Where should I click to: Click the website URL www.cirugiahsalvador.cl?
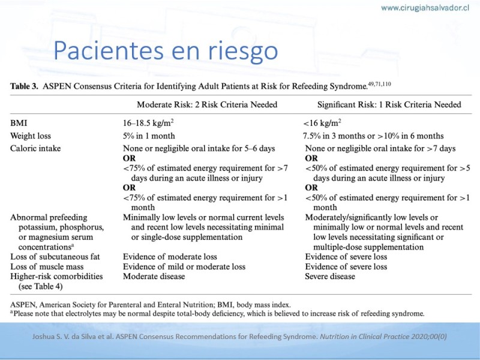tap(425, 8)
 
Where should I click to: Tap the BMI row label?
tap(19, 122)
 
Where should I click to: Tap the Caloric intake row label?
tap(35, 148)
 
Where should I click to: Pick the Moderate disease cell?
tap(154, 277)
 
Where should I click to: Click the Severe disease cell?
tap(330, 277)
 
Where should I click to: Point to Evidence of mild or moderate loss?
tap(184, 266)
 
